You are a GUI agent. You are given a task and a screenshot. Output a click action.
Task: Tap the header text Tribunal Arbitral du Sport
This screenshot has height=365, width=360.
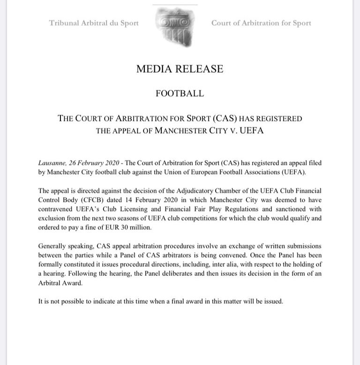point(94,23)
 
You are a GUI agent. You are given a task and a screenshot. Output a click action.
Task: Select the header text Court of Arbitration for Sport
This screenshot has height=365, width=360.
point(261,23)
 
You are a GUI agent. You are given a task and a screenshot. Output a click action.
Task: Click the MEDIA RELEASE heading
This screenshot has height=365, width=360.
point(180,69)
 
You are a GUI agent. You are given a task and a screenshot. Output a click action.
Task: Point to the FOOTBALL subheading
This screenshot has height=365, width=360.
point(180,93)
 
